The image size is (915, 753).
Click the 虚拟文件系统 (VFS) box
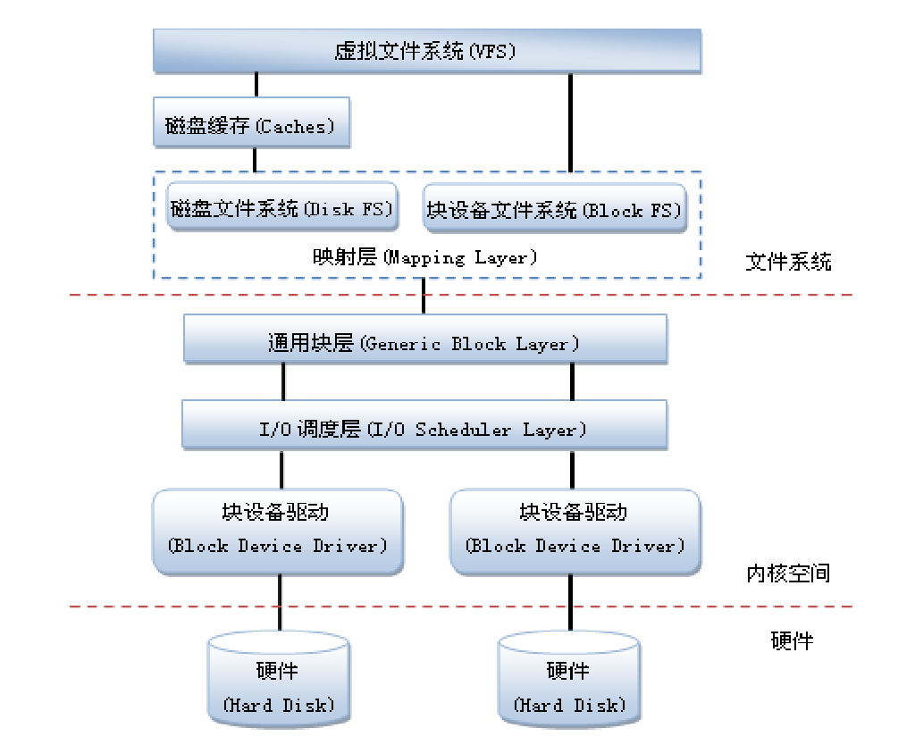426,51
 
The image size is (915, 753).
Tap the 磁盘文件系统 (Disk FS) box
283,209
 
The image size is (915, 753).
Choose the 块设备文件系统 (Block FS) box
554,210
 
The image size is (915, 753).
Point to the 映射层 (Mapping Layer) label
425,258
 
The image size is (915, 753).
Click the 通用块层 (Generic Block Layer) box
425,340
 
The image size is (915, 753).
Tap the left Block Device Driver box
278,530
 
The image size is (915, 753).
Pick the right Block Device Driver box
575,530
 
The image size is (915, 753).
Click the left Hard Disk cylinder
278,681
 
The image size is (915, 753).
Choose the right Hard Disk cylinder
569,681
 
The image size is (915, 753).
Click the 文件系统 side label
788,262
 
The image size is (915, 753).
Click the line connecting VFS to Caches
256,85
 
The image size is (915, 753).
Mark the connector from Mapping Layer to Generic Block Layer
424,296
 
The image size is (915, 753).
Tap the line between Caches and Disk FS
256,160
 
